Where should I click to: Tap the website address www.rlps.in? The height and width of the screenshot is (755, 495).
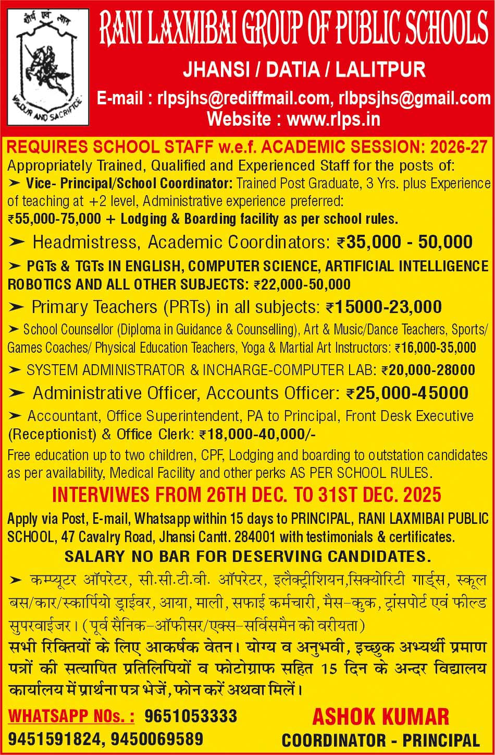[x=333, y=119]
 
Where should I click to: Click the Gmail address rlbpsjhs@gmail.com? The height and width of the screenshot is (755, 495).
[x=414, y=98]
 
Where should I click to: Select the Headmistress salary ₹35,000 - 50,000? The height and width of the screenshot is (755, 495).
[x=404, y=242]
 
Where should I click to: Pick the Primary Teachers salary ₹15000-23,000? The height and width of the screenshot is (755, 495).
[x=383, y=307]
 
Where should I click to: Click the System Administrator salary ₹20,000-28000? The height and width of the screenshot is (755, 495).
[x=428, y=370]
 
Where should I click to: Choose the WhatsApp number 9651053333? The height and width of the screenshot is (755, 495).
[x=191, y=716]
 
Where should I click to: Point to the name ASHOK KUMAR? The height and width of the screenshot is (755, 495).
[x=380, y=716]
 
